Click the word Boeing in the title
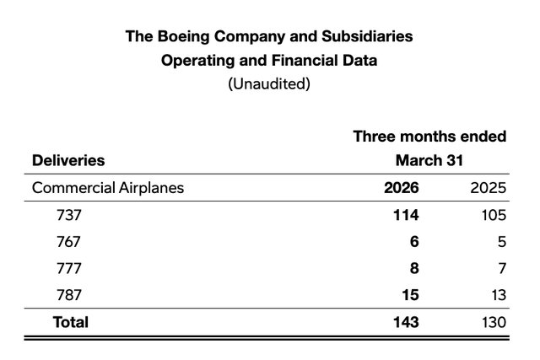(x=183, y=37)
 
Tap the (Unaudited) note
(x=270, y=85)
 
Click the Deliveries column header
(x=68, y=160)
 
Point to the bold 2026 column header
(x=402, y=187)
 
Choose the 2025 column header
(x=489, y=187)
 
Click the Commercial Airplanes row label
(x=108, y=187)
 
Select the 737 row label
(x=69, y=214)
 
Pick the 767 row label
(x=69, y=241)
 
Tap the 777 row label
(x=69, y=268)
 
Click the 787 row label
(x=69, y=295)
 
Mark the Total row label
(x=71, y=322)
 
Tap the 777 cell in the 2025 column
(x=500, y=268)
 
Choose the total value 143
(x=402, y=322)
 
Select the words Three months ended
(x=429, y=137)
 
